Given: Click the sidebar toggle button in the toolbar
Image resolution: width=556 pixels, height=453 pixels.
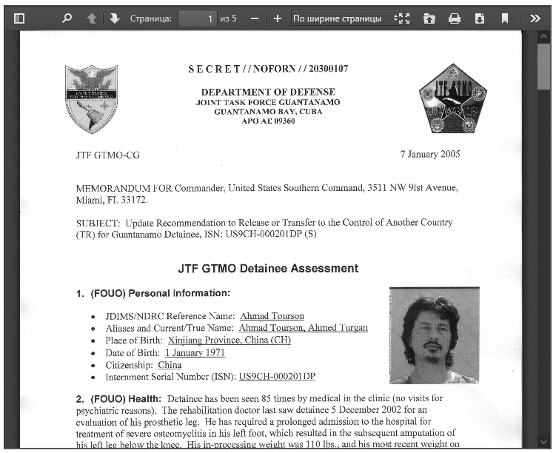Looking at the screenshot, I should tap(19, 19).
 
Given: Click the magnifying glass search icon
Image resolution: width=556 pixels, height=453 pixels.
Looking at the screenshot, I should tap(67, 19).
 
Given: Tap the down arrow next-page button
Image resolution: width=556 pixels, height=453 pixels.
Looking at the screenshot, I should tap(115, 19).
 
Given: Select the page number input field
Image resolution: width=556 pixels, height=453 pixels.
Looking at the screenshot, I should tap(197, 19).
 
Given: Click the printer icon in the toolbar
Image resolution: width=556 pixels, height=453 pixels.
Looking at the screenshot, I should tap(455, 19).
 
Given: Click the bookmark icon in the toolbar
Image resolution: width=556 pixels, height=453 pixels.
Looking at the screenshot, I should tap(505, 19).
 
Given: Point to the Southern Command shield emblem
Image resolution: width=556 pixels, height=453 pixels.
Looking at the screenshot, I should tap(91, 98).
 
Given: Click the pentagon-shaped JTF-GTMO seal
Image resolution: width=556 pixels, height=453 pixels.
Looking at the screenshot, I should tap(452, 98).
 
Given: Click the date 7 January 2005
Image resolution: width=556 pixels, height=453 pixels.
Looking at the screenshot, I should tap(429, 155).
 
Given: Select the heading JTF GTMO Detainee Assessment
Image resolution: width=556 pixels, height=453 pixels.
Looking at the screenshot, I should tap(268, 269).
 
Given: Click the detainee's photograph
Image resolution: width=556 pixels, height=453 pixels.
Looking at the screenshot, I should tap(434, 335).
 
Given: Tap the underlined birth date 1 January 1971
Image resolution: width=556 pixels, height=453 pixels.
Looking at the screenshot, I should tap(195, 352).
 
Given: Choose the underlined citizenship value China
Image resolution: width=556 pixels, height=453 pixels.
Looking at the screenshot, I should tap(170, 365).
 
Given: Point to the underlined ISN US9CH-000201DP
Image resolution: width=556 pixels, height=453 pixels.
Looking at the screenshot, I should tap(277, 377).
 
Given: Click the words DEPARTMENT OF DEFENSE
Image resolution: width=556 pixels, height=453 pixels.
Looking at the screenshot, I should tap(268, 92).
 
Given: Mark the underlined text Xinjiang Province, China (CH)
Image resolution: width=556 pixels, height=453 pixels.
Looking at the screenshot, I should tap(229, 340).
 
